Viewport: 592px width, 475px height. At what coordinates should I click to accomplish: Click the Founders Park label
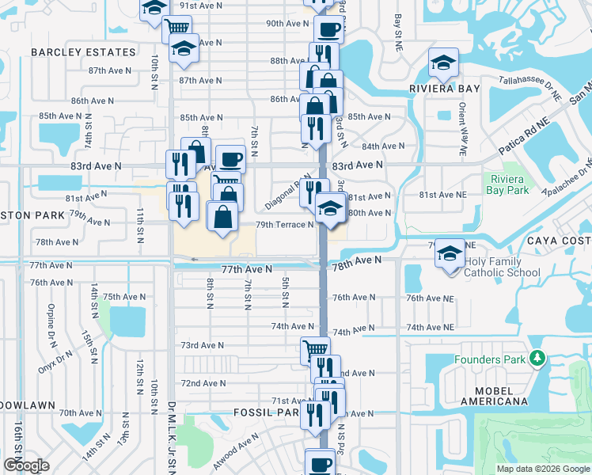click(x=490, y=359)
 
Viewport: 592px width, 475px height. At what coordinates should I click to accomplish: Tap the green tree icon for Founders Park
click(x=537, y=359)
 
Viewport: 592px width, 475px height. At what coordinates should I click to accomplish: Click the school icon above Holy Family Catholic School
click(x=450, y=253)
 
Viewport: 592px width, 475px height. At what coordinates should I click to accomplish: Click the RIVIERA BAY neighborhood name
click(x=445, y=89)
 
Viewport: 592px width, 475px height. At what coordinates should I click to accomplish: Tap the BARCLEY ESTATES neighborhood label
click(x=83, y=52)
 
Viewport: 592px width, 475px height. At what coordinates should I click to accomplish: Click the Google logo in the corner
click(x=26, y=465)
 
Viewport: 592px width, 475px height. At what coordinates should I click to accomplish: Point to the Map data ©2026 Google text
click(x=543, y=469)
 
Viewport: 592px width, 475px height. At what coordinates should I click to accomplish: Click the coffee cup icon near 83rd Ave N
click(x=230, y=158)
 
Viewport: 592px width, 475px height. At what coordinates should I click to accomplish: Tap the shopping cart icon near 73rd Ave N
click(x=315, y=349)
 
